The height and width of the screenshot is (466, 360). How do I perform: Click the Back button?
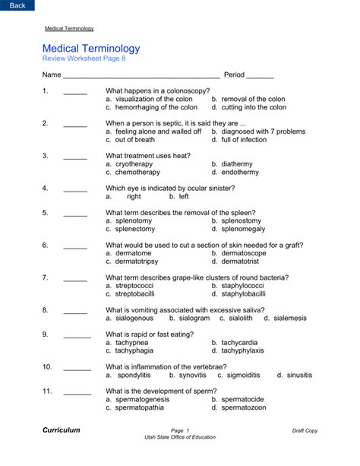pos(17,5)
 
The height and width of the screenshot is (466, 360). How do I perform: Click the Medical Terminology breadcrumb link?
pos(69,28)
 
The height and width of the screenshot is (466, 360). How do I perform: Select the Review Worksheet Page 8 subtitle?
pos(84,59)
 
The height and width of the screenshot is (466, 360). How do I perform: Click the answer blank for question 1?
pos(75,92)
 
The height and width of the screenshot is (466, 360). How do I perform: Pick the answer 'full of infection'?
pos(244,140)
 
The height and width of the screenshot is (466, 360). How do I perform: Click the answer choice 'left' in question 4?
pos(183,197)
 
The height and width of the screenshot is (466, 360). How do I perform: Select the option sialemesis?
pos(290,319)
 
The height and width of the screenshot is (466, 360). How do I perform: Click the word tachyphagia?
pos(134,351)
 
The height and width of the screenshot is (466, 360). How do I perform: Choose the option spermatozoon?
pos(243,408)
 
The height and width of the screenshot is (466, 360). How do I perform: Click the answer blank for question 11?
pos(77,392)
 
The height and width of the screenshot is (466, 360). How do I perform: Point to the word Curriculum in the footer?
pos(62,430)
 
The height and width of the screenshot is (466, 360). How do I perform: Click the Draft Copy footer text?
pos(305,431)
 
